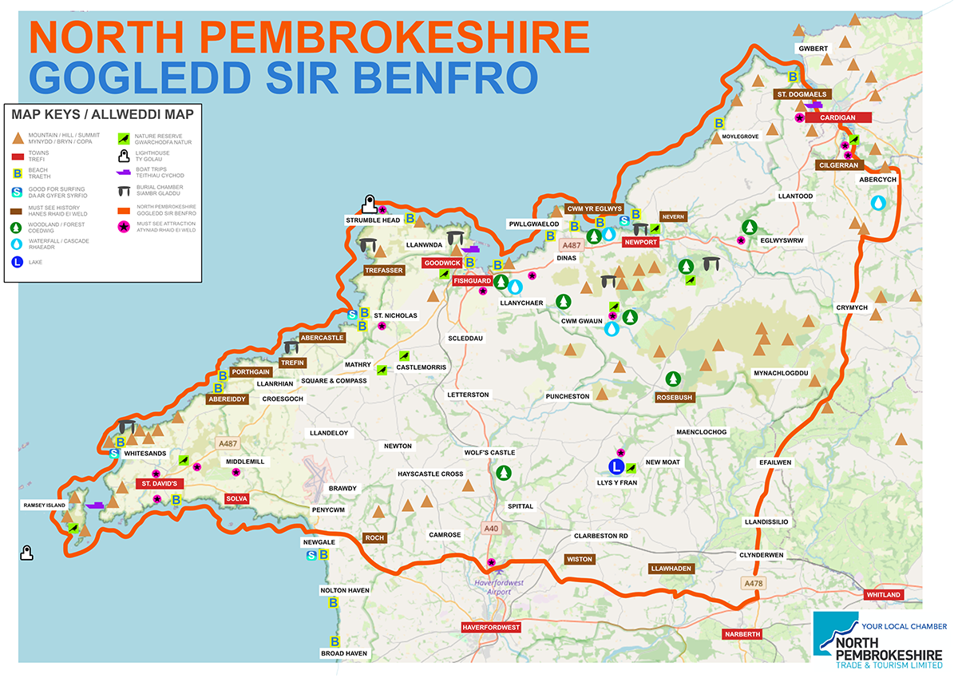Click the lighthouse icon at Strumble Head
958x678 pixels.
pos(369,204)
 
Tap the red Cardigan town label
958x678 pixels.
pos(837,117)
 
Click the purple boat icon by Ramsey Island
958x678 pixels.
pos(96,505)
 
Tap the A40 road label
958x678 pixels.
pos(491,529)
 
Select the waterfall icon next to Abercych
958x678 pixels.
pos(879,203)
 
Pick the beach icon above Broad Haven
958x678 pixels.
pos(335,640)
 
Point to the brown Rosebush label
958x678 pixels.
pos(675,397)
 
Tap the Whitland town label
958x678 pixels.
pos(883,595)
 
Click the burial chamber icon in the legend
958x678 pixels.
pos(124,191)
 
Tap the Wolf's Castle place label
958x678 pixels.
pos(489,453)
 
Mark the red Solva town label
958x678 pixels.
pos(237,498)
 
